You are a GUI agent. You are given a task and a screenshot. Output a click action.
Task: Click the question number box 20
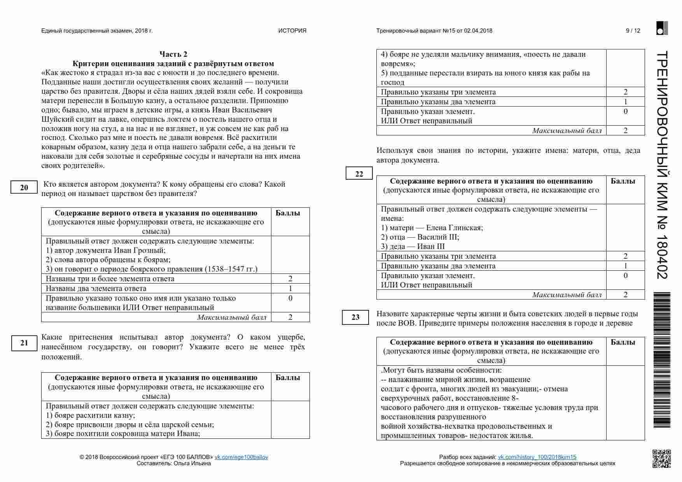tap(24, 188)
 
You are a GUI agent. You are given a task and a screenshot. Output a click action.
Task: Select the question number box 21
tap(24, 343)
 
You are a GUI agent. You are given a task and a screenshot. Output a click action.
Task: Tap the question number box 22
tap(359, 174)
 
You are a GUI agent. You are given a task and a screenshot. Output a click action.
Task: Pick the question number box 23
tap(355, 317)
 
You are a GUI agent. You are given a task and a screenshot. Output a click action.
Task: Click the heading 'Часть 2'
tap(173, 54)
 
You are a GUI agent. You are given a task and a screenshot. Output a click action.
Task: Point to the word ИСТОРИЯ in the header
tap(292, 31)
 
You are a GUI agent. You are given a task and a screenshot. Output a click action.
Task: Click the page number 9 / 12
tap(633, 31)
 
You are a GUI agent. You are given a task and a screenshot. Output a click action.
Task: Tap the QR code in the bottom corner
tap(661, 458)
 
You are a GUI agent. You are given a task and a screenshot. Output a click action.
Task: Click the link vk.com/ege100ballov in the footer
tap(241, 457)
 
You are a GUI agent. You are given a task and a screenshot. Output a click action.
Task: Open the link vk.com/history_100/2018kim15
tap(537, 457)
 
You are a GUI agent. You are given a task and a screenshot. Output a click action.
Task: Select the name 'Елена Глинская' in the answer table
tap(454, 228)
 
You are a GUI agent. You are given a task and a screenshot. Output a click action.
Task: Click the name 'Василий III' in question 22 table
tap(438, 237)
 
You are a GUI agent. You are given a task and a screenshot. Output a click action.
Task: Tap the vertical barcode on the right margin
tap(661, 360)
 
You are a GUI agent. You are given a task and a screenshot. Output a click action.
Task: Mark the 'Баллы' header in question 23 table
tap(623, 342)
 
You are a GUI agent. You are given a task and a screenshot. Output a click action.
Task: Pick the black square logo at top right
tap(662, 28)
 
